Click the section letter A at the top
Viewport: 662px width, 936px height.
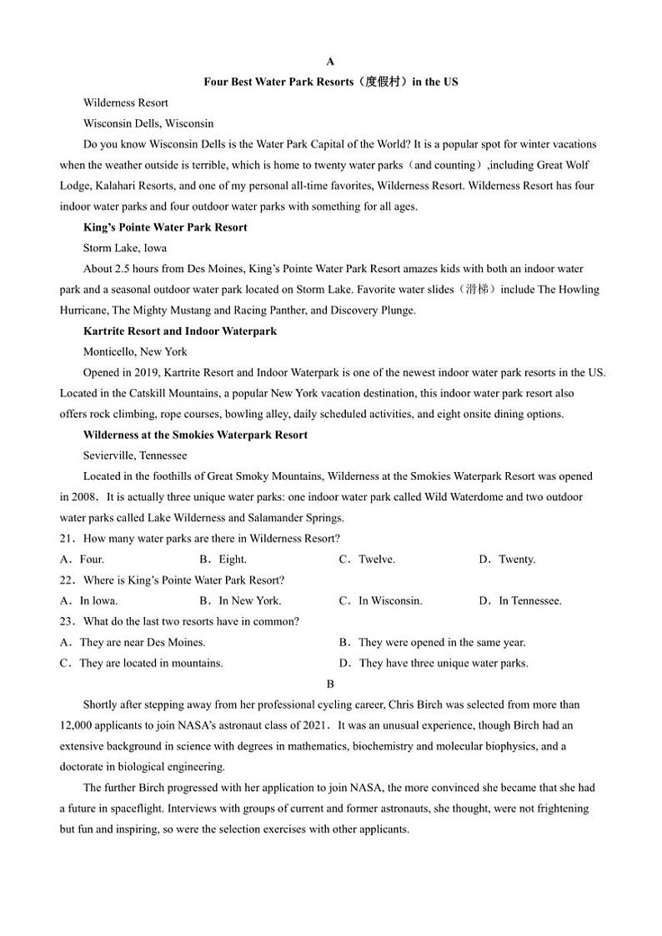pyautogui.click(x=330, y=62)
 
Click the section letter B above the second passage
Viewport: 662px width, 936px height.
pyautogui.click(x=330, y=684)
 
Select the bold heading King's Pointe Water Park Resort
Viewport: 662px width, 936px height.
pyautogui.click(x=165, y=227)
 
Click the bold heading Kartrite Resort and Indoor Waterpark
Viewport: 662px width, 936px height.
pyautogui.click(x=180, y=331)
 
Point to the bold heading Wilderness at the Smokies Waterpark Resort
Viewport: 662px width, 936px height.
pyautogui.click(x=195, y=435)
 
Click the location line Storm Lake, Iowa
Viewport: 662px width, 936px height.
pyautogui.click(x=125, y=248)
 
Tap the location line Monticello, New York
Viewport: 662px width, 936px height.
pyautogui.click(x=135, y=351)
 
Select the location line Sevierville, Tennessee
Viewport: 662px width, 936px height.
pyautogui.click(x=135, y=456)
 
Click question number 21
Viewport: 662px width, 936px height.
pyautogui.click(x=68, y=539)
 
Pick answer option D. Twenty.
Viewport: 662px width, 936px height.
pyautogui.click(x=507, y=560)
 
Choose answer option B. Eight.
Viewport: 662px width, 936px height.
pyautogui.click(x=223, y=560)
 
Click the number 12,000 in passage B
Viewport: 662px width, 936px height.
pyautogui.click(x=78, y=725)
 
